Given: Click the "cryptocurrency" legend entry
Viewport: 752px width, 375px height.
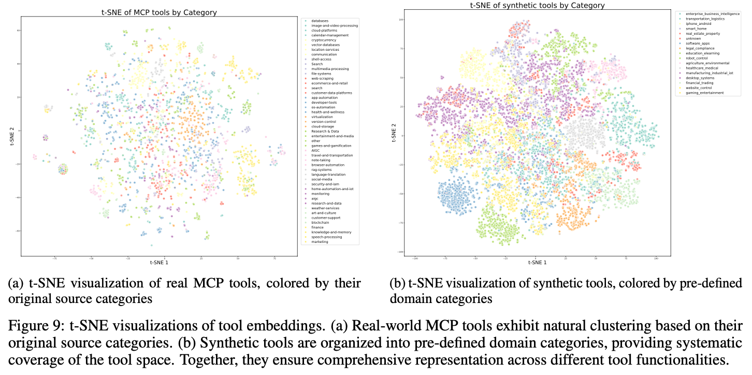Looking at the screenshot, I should [324, 40].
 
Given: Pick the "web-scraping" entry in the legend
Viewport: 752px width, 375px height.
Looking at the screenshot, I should [322, 78].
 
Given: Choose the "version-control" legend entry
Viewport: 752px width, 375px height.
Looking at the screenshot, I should [324, 122].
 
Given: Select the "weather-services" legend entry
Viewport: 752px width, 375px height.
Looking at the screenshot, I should [325, 208].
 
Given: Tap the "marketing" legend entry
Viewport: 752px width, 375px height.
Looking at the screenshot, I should [320, 242].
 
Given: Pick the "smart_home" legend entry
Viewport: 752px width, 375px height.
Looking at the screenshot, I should [696, 28].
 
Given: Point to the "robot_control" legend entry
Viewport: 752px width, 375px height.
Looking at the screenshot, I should [697, 58].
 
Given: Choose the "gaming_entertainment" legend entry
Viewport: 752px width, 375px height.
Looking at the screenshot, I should [705, 93].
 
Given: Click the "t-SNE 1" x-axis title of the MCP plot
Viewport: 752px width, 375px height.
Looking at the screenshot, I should [159, 262].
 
